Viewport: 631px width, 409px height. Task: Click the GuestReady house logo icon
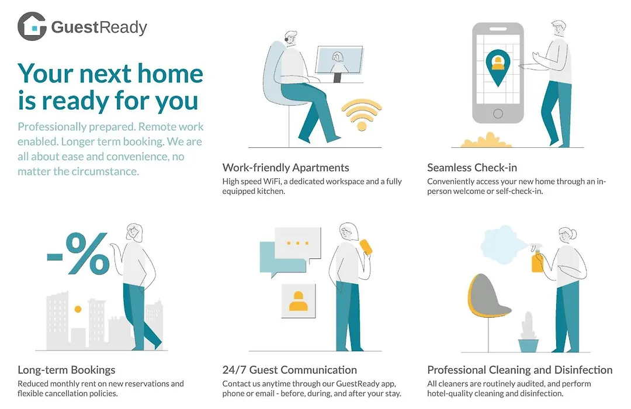tap(32, 26)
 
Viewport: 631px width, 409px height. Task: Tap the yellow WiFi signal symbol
tap(362, 115)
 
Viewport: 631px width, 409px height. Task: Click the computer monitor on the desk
tap(339, 63)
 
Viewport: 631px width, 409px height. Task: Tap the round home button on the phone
tap(498, 113)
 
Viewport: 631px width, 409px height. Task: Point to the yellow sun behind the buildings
tap(78, 309)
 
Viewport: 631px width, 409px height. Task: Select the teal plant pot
tap(528, 345)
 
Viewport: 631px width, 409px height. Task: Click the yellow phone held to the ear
tap(366, 247)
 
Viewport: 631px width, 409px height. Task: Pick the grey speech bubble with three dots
tap(297, 244)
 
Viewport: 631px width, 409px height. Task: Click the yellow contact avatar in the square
tap(298, 301)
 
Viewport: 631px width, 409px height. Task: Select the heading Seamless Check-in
tap(472, 168)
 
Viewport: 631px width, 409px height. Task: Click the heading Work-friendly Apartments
tap(286, 168)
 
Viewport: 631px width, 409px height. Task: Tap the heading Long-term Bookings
tap(67, 370)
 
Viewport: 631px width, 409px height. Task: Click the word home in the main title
tap(170, 74)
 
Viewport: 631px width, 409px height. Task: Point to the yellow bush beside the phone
tap(486, 140)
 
